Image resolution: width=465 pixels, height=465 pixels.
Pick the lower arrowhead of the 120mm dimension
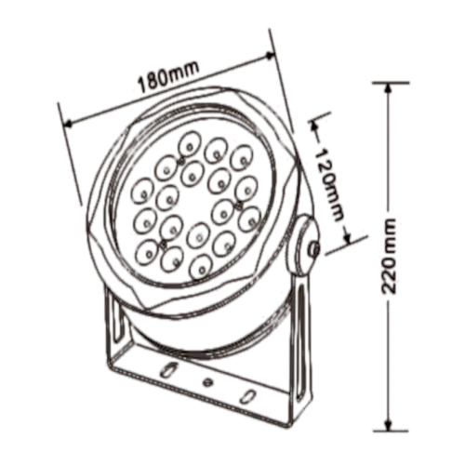pyautogui.click(x=350, y=238)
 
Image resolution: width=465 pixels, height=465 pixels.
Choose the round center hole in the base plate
pyautogui.click(x=206, y=382)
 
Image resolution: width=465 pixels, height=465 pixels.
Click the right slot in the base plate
pyautogui.click(x=246, y=395)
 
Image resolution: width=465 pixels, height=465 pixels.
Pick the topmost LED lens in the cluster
pyautogui.click(x=189, y=140)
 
